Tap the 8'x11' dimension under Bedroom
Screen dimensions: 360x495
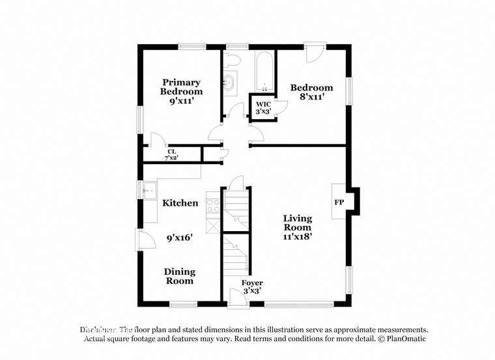click(x=311, y=97)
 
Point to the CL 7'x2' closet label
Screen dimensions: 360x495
click(x=172, y=154)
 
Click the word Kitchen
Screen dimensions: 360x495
click(x=180, y=203)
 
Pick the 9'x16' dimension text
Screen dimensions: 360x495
click(x=180, y=238)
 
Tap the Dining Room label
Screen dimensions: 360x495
click(x=179, y=276)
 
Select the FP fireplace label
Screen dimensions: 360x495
click(x=339, y=202)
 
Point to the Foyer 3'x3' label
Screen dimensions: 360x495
click(x=252, y=287)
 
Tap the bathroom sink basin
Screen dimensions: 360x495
click(x=230, y=83)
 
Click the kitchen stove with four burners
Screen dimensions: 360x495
click(x=213, y=206)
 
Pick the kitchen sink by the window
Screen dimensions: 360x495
click(x=148, y=190)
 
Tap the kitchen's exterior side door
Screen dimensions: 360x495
click(x=145, y=239)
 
